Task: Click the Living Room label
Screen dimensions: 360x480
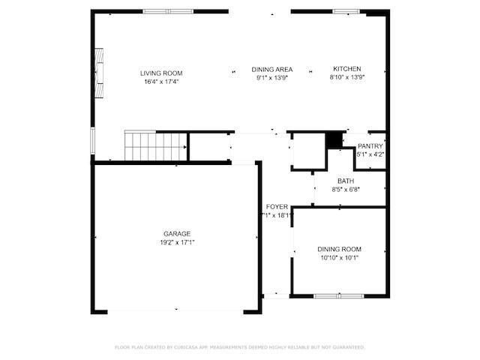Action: click(160, 73)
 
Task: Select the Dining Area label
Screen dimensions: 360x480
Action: click(271, 69)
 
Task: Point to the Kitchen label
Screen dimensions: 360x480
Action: click(347, 69)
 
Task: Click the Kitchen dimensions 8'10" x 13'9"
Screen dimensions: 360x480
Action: click(347, 77)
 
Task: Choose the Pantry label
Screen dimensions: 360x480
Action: click(370, 145)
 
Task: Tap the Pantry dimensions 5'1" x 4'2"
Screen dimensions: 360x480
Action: click(370, 154)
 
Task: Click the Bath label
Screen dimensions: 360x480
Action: click(346, 181)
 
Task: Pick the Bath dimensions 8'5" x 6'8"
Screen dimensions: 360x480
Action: click(346, 190)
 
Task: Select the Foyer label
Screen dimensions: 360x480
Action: click(277, 207)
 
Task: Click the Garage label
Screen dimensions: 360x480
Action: click(177, 234)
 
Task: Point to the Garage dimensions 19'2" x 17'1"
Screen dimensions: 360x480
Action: click(177, 242)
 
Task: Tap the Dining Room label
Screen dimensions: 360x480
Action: click(339, 249)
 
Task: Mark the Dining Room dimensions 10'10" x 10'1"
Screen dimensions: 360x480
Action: click(339, 258)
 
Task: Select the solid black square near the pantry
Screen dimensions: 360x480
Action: click(334, 139)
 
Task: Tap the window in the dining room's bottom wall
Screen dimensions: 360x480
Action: click(338, 295)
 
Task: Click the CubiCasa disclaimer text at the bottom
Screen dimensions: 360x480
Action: click(239, 347)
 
